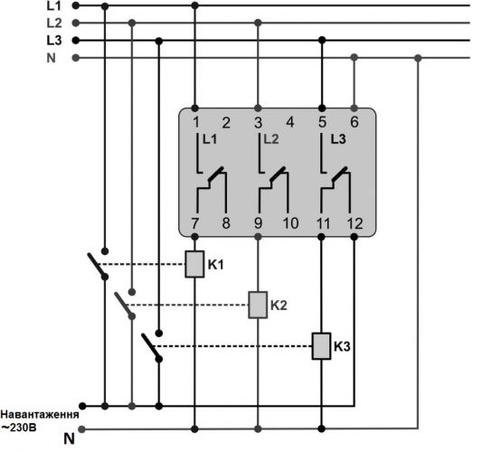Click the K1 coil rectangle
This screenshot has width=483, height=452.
click(x=194, y=264)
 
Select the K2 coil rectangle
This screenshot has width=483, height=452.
click(x=258, y=305)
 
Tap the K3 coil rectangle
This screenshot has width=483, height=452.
click(x=322, y=346)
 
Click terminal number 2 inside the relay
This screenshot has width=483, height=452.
click(x=226, y=123)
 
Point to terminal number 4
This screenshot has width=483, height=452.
click(x=289, y=122)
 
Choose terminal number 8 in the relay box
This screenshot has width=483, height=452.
click(x=226, y=223)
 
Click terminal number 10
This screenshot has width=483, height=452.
click(x=290, y=223)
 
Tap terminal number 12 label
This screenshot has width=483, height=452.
click(x=355, y=223)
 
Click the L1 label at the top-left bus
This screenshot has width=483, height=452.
click(x=54, y=5)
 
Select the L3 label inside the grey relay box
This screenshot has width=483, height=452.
click(x=338, y=139)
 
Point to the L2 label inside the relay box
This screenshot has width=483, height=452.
click(x=271, y=139)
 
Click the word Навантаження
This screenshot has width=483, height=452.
click(x=40, y=414)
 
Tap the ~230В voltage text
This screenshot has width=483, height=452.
click(x=19, y=428)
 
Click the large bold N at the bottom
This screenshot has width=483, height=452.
click(x=70, y=438)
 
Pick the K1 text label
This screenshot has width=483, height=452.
click(x=215, y=265)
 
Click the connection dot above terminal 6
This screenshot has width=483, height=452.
click(x=355, y=108)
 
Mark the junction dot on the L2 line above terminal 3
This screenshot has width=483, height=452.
click(x=258, y=23)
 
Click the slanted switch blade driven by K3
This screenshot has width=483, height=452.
click(x=151, y=346)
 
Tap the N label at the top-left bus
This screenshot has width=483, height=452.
click(x=52, y=58)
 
